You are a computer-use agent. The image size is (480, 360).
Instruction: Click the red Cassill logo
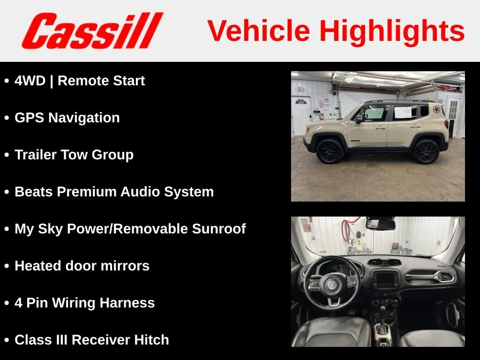[92, 30]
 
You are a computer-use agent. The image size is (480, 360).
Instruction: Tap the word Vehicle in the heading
[259, 30]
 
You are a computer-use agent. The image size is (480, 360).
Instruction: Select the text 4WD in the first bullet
[30, 81]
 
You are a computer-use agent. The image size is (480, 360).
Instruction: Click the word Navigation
[84, 118]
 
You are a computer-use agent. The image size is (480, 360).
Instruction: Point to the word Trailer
[36, 155]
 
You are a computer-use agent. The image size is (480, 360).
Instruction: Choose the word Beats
[34, 192]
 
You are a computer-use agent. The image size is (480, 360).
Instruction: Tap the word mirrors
[125, 266]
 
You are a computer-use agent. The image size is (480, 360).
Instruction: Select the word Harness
[127, 303]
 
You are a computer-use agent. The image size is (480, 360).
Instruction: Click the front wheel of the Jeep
[330, 151]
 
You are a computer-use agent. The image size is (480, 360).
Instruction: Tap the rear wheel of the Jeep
[426, 151]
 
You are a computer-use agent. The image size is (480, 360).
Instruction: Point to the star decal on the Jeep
[436, 109]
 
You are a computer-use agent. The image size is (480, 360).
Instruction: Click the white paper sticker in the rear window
[403, 112]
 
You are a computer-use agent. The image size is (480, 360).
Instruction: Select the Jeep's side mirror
[359, 119]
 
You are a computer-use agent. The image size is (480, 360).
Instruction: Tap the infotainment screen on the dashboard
[385, 279]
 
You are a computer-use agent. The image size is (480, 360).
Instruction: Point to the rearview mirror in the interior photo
[380, 224]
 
